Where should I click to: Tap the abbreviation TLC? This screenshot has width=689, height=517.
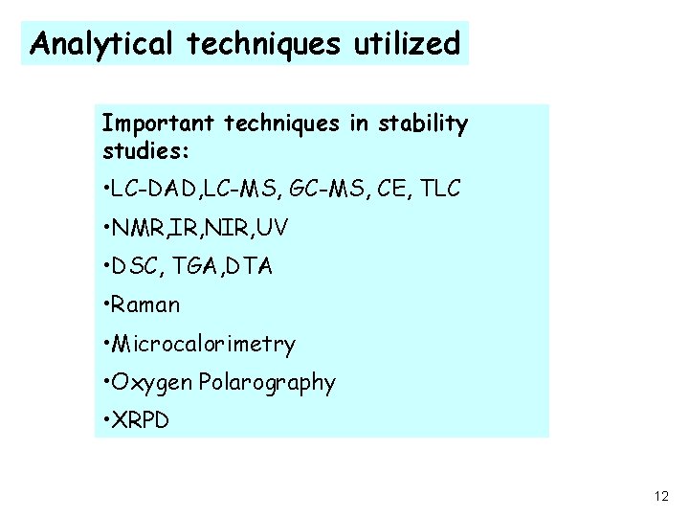[x=440, y=190]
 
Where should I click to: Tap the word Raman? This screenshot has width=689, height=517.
[x=145, y=305]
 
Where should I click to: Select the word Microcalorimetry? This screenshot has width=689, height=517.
[x=204, y=344]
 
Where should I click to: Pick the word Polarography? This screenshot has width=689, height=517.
[x=267, y=383]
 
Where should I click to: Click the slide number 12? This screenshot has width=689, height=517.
[x=661, y=496]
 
